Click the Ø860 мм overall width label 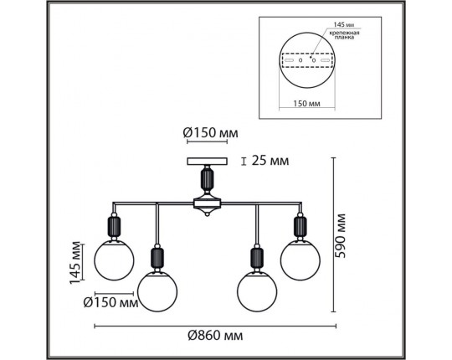coord(215,336)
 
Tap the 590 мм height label coord(341,235)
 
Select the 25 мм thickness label coord(270,161)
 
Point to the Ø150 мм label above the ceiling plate coord(211,133)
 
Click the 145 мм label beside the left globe coord(75,262)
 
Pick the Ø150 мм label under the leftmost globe coord(111,302)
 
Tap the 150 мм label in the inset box coord(306,103)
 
